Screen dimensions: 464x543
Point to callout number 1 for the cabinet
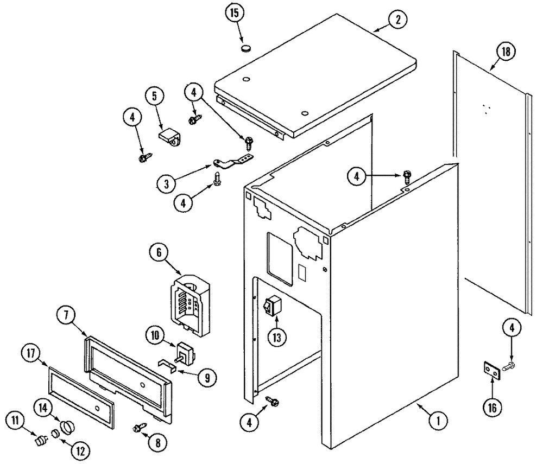point(438,419)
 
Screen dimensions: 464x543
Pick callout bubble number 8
point(157,442)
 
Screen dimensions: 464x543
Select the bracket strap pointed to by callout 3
point(233,161)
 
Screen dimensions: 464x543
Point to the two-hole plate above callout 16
point(493,371)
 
